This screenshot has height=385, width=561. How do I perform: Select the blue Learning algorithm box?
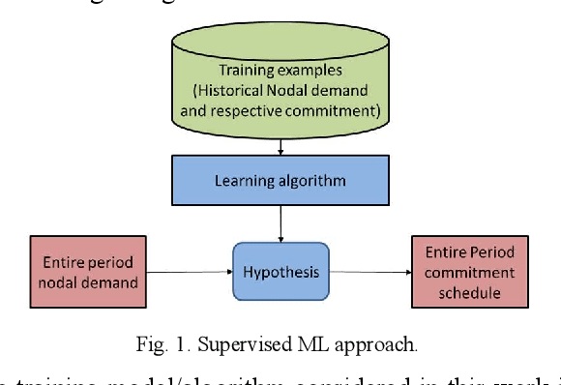(280, 180)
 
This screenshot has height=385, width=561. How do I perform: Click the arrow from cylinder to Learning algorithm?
(280, 145)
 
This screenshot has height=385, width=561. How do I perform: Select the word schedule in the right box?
(470, 291)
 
